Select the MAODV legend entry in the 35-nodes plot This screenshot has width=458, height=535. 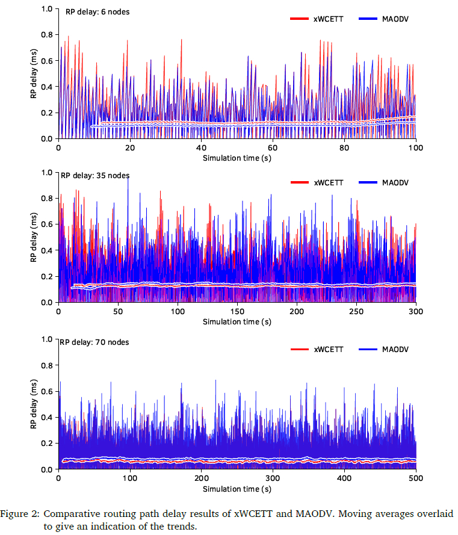395,182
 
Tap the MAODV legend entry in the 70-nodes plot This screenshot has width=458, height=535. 395,349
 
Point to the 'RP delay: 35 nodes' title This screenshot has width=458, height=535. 95,176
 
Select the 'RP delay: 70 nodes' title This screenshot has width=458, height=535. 95,342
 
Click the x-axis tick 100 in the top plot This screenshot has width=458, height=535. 415,147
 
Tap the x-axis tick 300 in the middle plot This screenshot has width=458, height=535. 416,312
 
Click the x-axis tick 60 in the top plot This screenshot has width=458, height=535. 273,147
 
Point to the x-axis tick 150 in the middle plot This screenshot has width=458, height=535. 237,312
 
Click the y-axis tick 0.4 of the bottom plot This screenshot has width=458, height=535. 46,418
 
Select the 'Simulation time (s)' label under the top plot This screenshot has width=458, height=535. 237,157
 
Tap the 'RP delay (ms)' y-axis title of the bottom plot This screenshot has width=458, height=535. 34,404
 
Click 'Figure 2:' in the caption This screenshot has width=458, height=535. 20,515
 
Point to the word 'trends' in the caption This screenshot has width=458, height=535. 182,525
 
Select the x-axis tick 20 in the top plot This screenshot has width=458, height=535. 129,147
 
